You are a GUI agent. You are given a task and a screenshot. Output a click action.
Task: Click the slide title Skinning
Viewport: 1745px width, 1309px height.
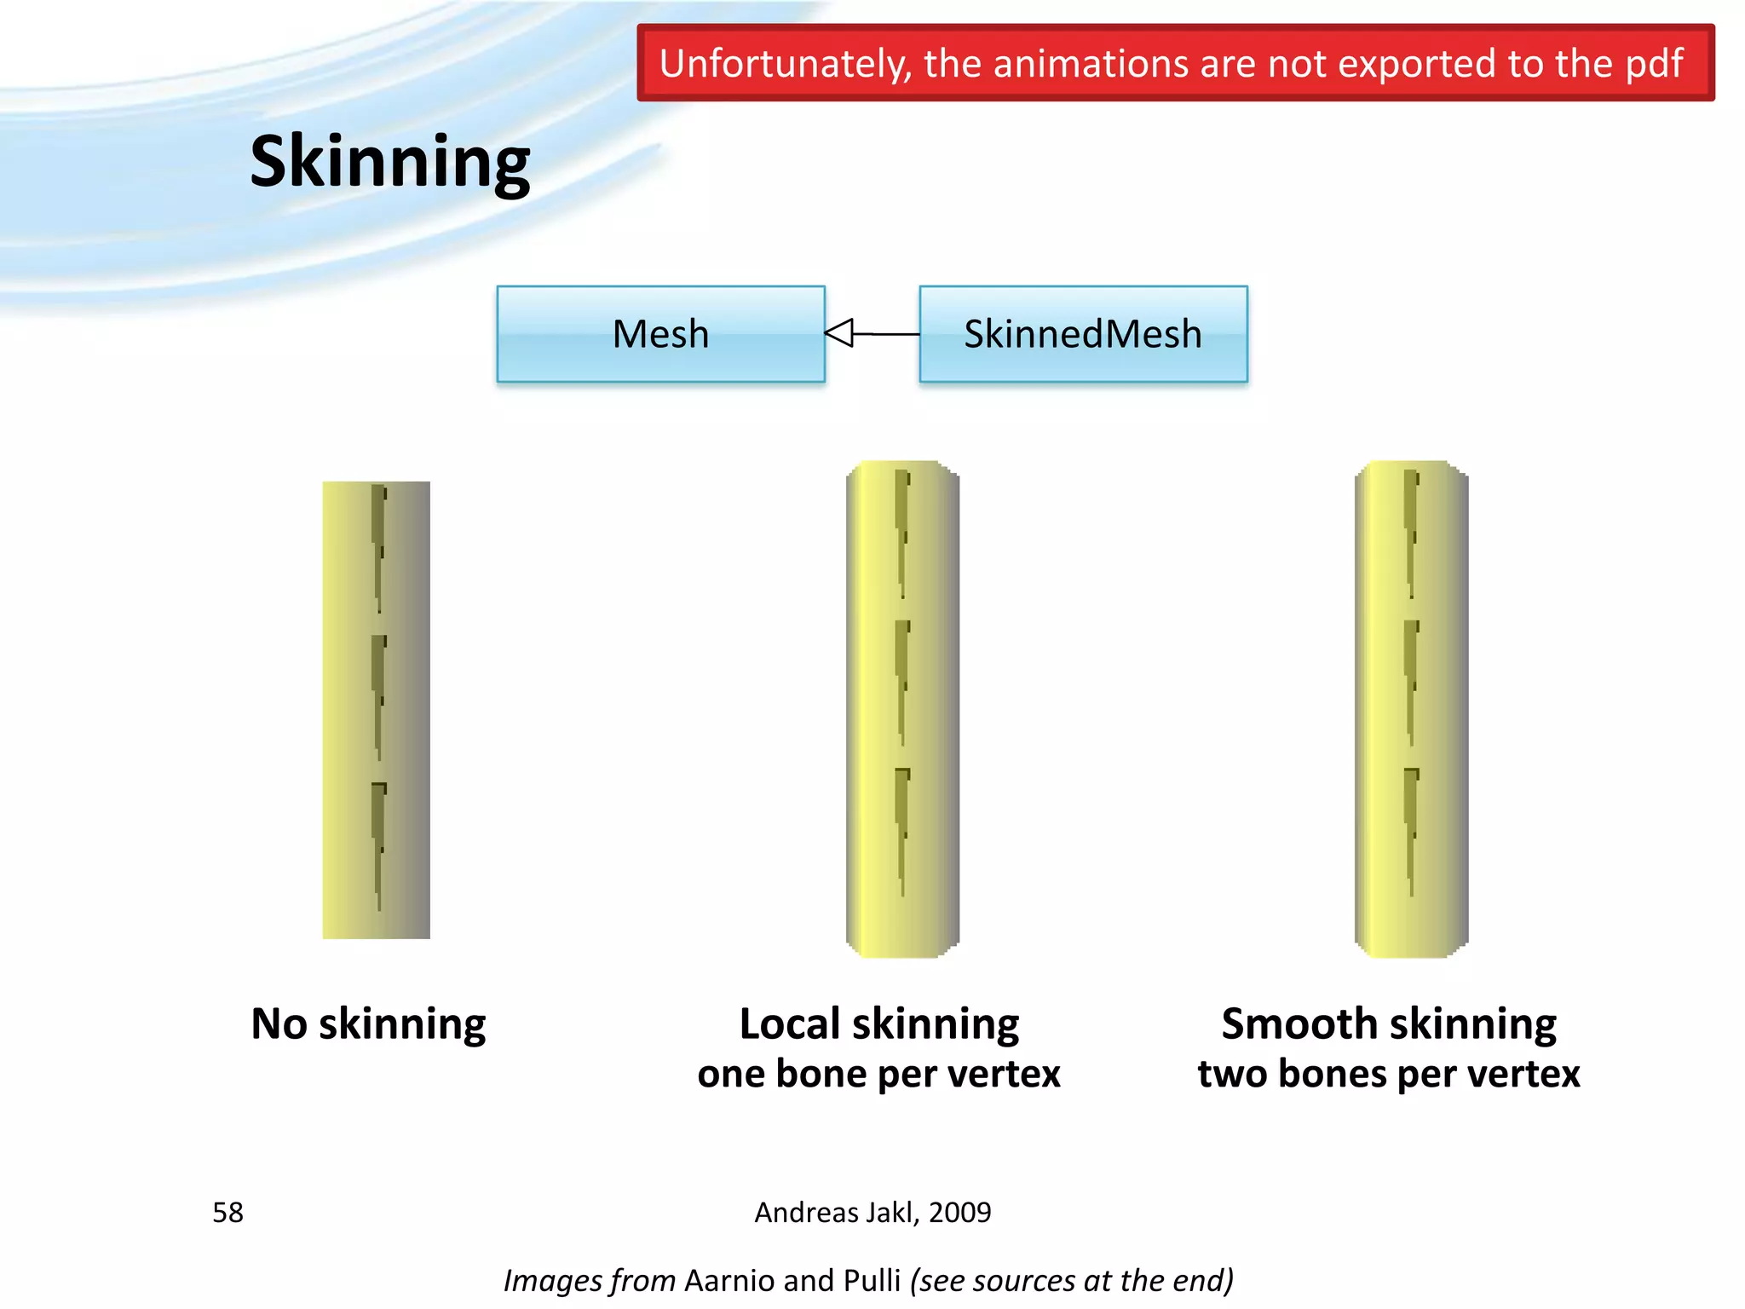[x=389, y=162]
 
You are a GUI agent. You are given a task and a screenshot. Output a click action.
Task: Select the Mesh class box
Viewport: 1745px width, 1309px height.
[x=660, y=334]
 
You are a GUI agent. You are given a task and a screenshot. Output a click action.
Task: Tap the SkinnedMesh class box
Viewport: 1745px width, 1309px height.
[x=1083, y=334]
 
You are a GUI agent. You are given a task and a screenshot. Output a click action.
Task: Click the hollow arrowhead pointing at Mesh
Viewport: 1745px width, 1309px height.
[x=840, y=333]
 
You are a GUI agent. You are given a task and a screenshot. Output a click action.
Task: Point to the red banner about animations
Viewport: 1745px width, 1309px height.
[x=1175, y=63]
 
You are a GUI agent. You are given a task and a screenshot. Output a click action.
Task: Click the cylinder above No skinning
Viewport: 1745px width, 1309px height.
[x=376, y=710]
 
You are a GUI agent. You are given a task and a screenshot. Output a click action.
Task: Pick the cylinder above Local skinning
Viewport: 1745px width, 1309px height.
[x=902, y=709]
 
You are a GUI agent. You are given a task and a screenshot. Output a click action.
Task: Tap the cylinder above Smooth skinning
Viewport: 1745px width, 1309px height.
[x=1411, y=709]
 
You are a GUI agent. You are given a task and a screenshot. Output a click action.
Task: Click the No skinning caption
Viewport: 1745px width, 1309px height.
[x=368, y=1024]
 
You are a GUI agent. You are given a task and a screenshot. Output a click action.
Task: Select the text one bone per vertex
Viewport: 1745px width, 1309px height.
[x=878, y=1074]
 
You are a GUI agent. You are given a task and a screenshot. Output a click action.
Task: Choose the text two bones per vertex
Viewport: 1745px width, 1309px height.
[x=1389, y=1074]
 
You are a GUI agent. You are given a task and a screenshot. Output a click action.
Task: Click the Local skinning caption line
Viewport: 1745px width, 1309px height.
[x=878, y=1024]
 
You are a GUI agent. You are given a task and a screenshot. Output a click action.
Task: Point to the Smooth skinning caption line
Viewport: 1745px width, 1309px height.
[x=1389, y=1024]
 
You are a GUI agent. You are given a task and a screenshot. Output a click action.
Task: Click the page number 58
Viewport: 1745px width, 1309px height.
[x=227, y=1212]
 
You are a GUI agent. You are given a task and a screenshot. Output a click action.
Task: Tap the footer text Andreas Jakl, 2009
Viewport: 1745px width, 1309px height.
[x=872, y=1212]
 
